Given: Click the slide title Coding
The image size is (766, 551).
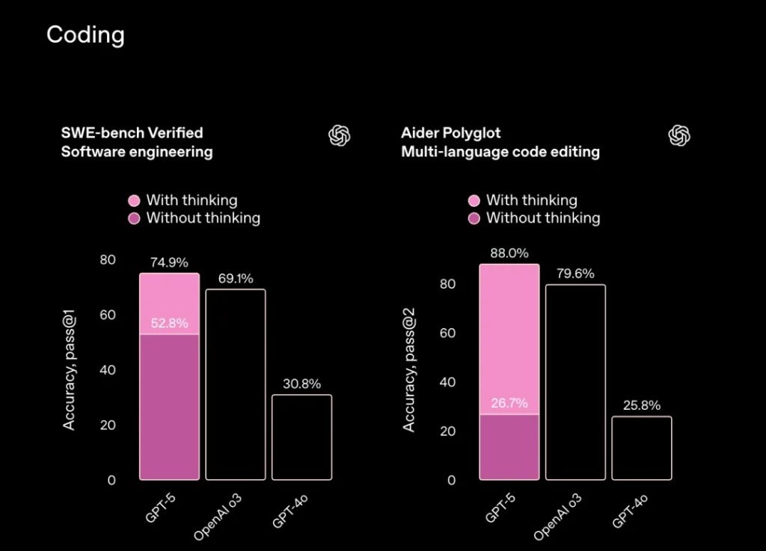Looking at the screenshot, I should pyautogui.click(x=85, y=35).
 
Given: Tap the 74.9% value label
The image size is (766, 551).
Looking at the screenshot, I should pyautogui.click(x=169, y=262).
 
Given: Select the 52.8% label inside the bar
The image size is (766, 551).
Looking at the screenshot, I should pyautogui.click(x=169, y=324).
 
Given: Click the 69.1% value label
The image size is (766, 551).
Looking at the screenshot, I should pyautogui.click(x=236, y=278).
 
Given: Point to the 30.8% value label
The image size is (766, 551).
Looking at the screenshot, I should pyautogui.click(x=301, y=384).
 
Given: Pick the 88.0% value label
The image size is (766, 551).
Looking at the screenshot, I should pyautogui.click(x=509, y=253).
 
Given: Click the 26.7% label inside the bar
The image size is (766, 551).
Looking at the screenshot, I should pyautogui.click(x=509, y=404).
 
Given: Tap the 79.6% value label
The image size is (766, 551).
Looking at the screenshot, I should pyautogui.click(x=575, y=274).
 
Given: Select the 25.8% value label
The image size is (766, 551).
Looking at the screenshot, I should pyautogui.click(x=642, y=406).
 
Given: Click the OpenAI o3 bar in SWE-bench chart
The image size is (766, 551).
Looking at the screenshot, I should pyautogui.click(x=236, y=384).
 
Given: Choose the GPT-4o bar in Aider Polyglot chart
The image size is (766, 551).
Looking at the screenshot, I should pyautogui.click(x=642, y=448).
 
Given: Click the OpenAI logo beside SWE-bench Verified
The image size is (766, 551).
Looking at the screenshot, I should pyautogui.click(x=340, y=135).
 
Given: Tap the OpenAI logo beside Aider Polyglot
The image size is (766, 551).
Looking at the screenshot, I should pyautogui.click(x=679, y=135).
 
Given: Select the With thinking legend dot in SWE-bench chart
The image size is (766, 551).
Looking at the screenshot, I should pyautogui.click(x=134, y=200).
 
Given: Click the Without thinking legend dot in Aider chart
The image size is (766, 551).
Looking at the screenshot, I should pyautogui.click(x=474, y=218).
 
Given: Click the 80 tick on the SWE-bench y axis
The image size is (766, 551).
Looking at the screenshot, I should pyautogui.click(x=109, y=260).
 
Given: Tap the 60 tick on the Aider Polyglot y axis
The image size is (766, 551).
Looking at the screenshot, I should pyautogui.click(x=447, y=333).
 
